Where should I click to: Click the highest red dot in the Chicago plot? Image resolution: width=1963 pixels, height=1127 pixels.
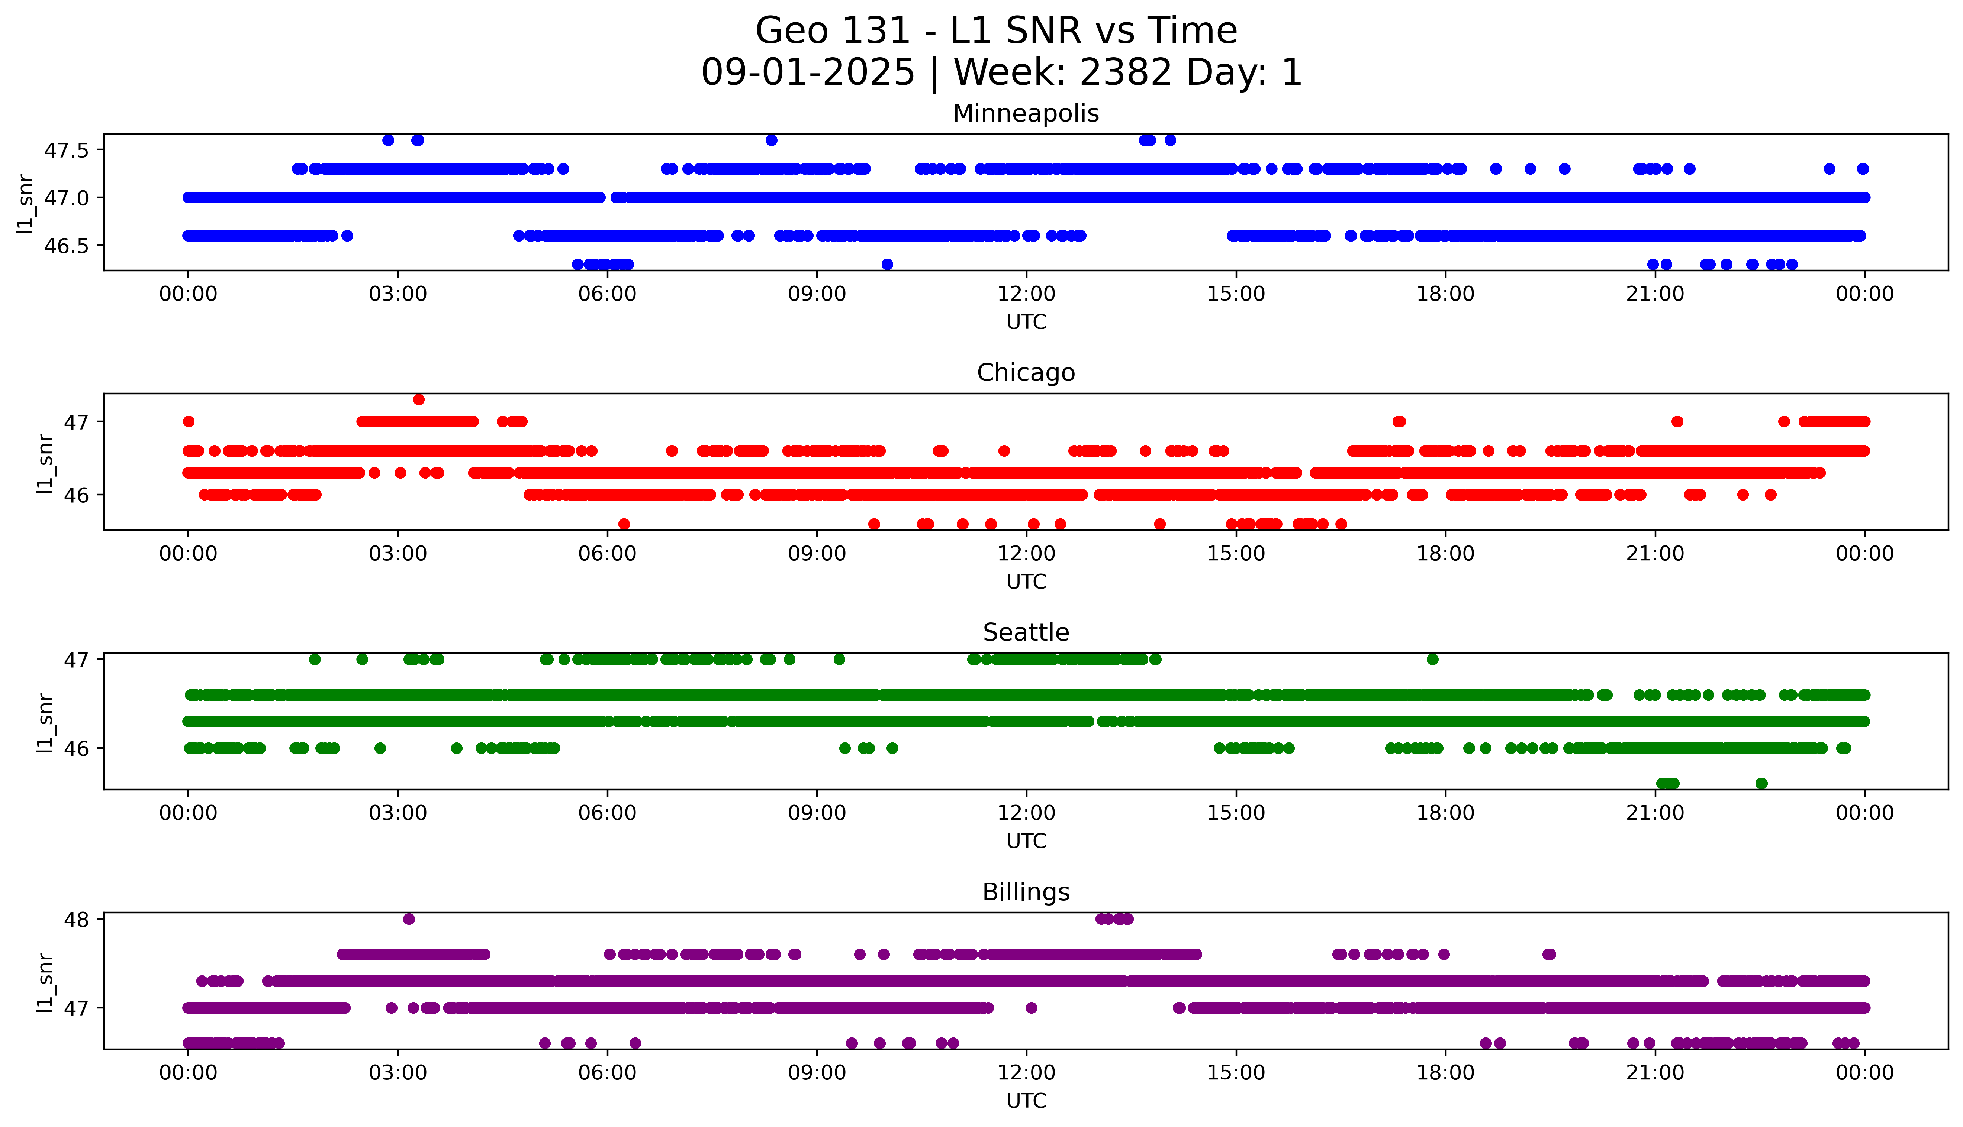point(419,399)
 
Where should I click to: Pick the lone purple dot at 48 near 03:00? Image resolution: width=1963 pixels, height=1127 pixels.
point(409,919)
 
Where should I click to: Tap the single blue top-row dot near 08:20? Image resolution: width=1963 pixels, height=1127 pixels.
point(771,140)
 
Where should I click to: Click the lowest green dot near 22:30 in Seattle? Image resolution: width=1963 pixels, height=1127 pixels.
point(1762,783)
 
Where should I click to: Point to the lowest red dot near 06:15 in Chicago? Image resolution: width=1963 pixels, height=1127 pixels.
point(624,524)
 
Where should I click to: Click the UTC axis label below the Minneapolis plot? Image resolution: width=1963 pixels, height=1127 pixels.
point(1026,322)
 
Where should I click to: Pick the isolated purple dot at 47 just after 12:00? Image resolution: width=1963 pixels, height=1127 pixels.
point(1031,1008)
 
